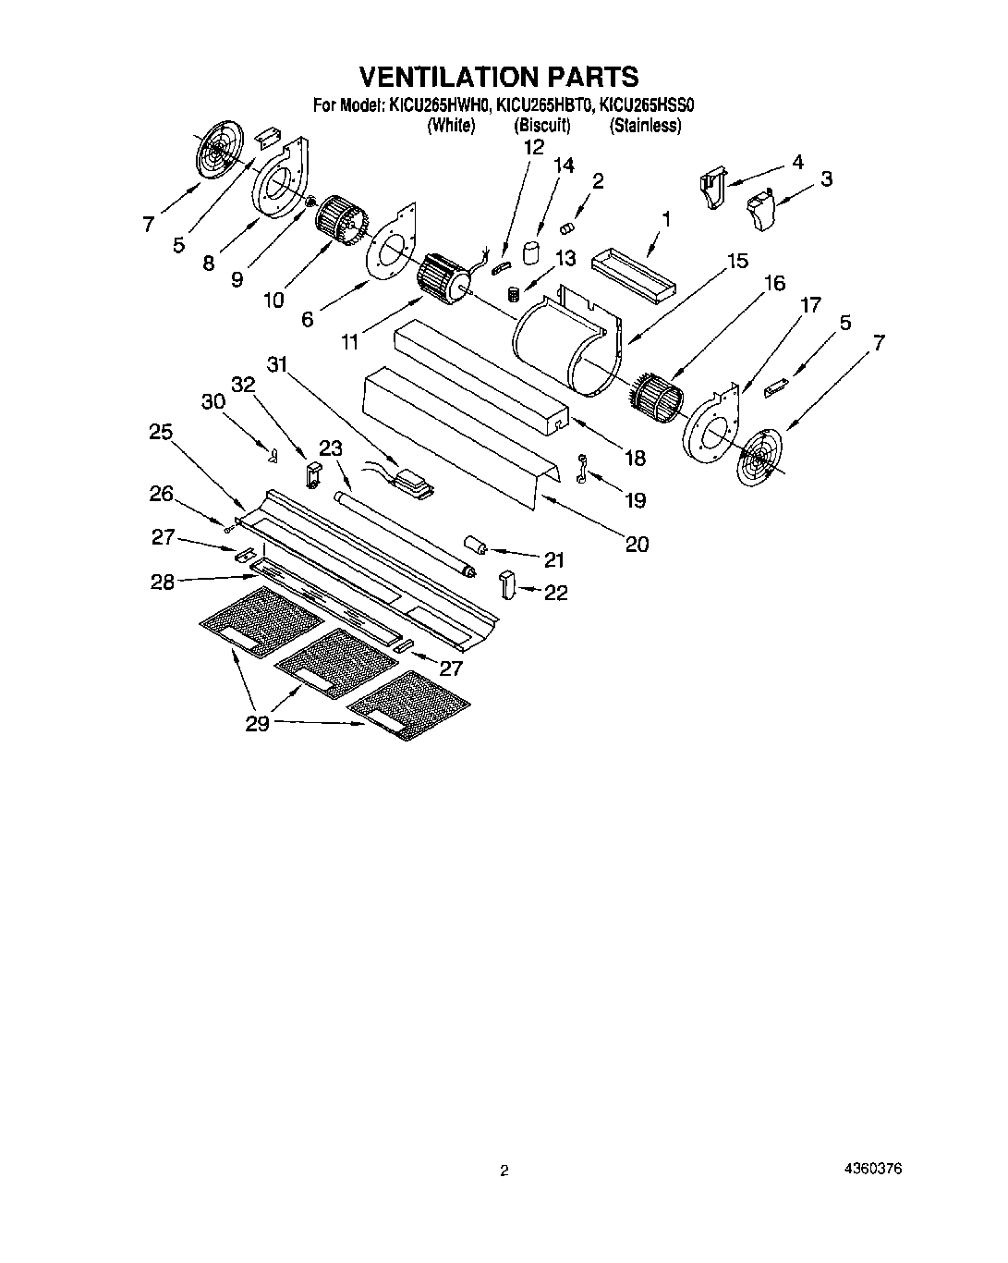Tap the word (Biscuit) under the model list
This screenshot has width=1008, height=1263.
point(542,126)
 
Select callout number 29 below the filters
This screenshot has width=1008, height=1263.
point(257,724)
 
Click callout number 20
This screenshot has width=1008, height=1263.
point(637,544)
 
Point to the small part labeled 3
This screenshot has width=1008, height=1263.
point(760,208)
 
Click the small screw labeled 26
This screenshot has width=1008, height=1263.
point(227,527)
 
